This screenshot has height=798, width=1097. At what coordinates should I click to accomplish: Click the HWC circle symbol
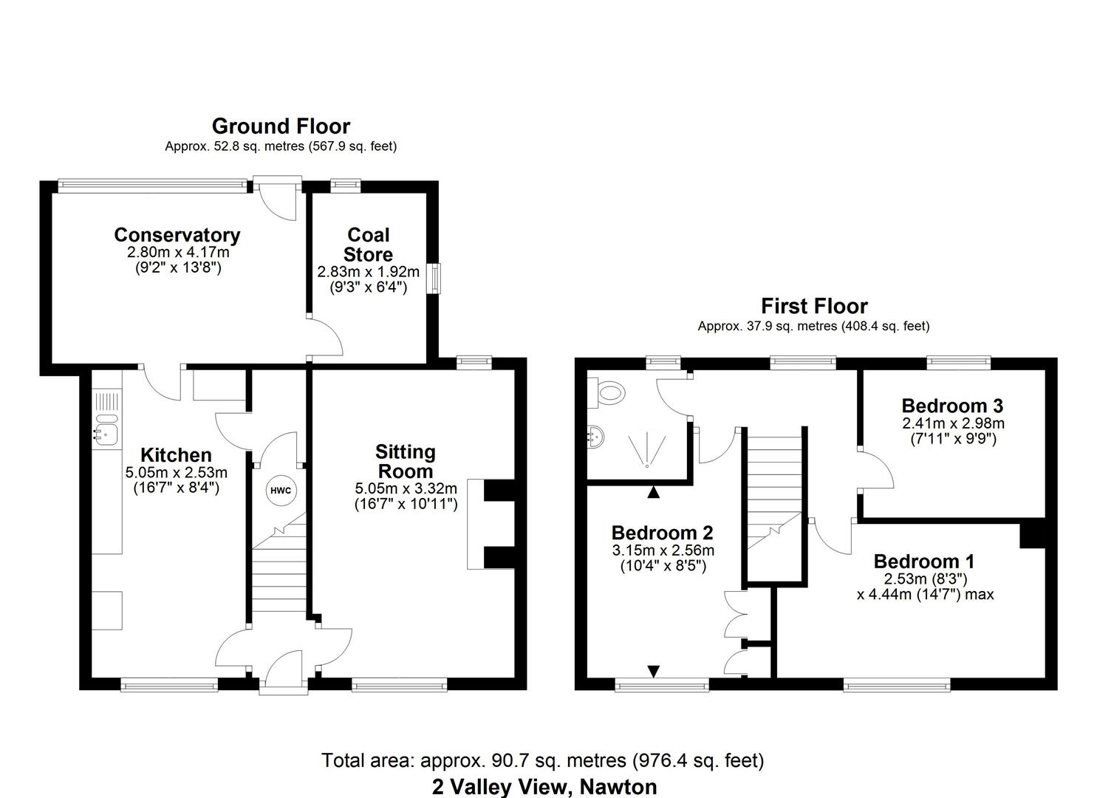pyautogui.click(x=280, y=491)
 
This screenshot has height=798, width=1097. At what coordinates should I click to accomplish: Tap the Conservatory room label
pyautogui.click(x=177, y=235)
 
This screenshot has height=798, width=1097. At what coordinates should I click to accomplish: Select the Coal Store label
pyautogui.click(x=368, y=245)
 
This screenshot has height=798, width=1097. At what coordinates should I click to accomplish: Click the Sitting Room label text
pyautogui.click(x=405, y=461)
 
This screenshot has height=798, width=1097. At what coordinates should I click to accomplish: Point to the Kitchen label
pyautogui.click(x=176, y=455)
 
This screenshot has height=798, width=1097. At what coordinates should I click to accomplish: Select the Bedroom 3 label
pyautogui.click(x=952, y=405)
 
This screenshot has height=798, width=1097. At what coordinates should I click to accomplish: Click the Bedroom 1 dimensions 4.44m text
pyautogui.click(x=925, y=594)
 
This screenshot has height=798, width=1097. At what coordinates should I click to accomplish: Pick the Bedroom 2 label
pyautogui.click(x=662, y=532)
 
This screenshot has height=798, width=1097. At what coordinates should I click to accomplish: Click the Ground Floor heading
pyautogui.click(x=281, y=126)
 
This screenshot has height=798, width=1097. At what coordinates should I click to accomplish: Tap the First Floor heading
pyautogui.click(x=814, y=306)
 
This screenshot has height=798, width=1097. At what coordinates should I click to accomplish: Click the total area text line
pyautogui.click(x=542, y=760)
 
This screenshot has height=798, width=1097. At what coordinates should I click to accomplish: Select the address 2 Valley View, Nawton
pyautogui.click(x=544, y=786)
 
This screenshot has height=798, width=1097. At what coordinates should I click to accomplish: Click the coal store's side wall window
pyautogui.click(x=436, y=279)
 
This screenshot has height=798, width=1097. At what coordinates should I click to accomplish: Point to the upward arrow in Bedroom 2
pyautogui.click(x=654, y=491)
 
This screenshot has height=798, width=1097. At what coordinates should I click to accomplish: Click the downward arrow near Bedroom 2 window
pyautogui.click(x=654, y=671)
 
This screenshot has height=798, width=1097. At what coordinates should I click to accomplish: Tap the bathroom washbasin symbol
pyautogui.click(x=597, y=437)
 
